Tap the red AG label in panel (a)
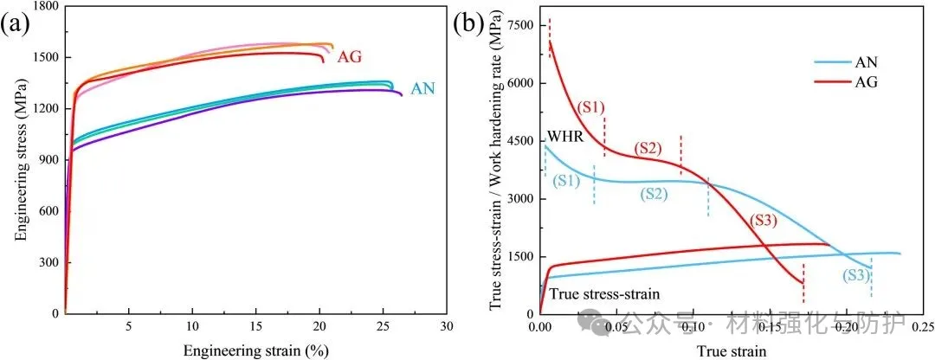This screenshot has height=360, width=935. tap(348, 57)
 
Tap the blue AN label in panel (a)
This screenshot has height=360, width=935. tap(423, 88)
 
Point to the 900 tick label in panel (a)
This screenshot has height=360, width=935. tap(48, 160)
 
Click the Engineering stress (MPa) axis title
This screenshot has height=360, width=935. tap(18, 160)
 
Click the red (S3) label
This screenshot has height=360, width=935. tap(764, 222)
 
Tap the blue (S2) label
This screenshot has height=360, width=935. tap(656, 194)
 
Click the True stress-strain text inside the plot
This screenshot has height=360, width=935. tap(604, 294)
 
